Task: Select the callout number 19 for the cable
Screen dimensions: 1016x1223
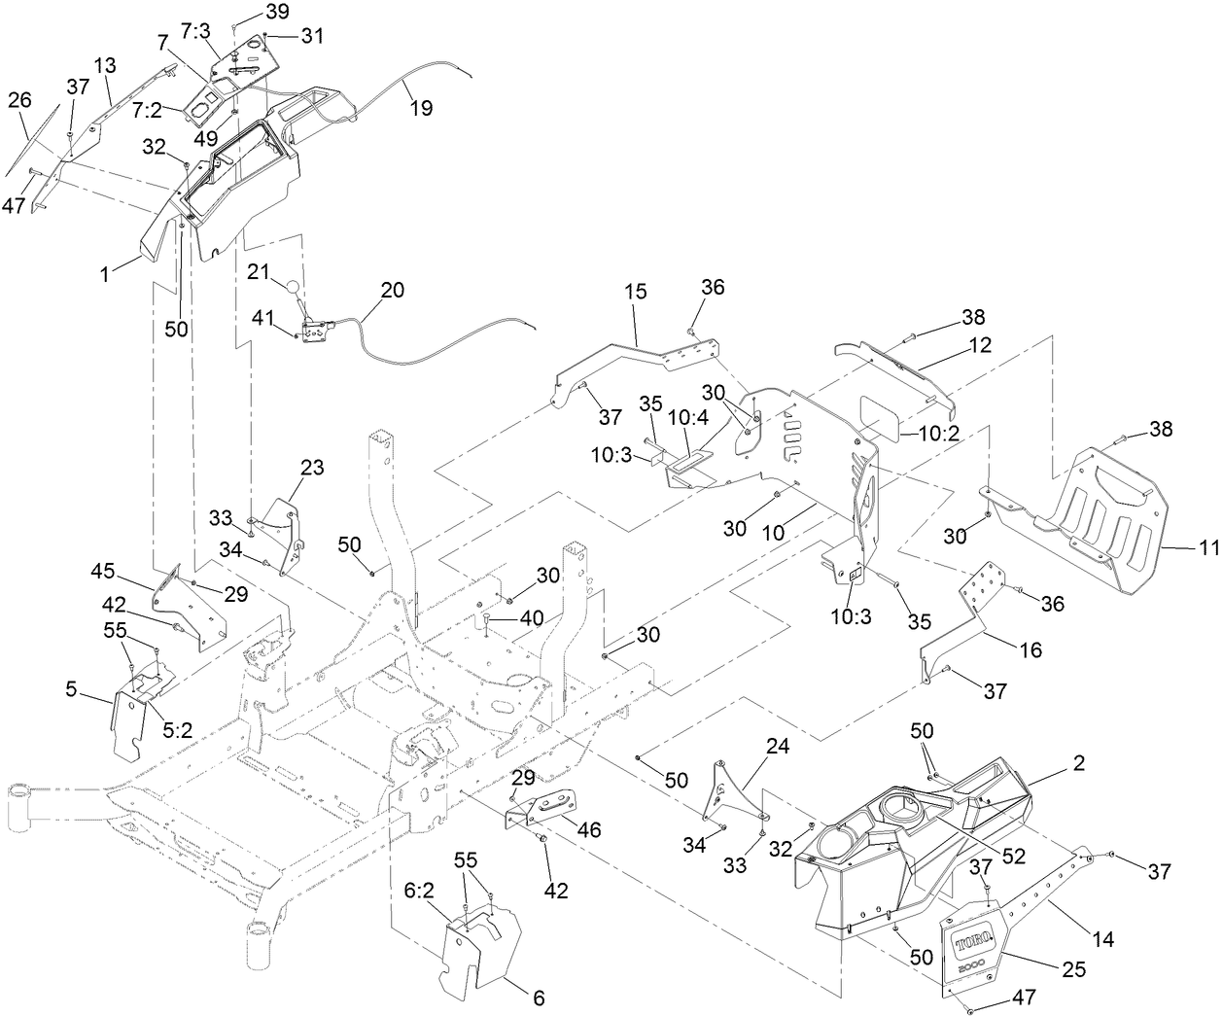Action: point(420,108)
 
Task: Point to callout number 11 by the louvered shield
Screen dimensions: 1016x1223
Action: point(1208,549)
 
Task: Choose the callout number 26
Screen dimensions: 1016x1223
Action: point(19,100)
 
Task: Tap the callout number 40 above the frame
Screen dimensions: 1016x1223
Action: point(532,616)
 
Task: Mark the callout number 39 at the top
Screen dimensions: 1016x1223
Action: point(249,11)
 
